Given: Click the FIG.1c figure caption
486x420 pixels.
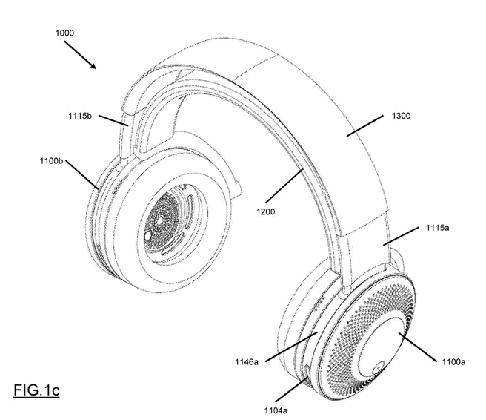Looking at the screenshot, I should (x=36, y=390).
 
